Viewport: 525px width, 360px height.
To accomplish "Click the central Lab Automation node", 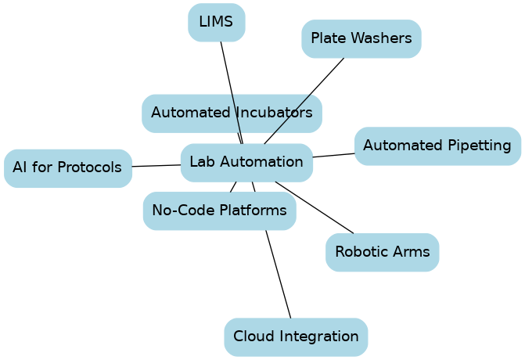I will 246,163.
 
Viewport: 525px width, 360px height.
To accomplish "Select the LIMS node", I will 216,22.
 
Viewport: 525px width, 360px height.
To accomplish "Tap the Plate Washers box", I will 361,38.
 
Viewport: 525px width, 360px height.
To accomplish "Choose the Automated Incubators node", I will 232,113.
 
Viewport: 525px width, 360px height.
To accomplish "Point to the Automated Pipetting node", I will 437,146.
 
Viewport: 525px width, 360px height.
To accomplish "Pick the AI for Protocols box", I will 67,167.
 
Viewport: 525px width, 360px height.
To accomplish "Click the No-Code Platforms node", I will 219,211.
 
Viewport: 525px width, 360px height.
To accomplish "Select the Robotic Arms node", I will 382,252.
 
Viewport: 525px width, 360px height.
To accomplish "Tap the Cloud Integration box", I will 296,337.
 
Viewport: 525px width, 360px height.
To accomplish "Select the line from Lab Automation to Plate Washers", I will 313,91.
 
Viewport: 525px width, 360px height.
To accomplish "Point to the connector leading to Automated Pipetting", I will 333,155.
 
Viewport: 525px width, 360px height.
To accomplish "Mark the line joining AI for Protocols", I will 156,165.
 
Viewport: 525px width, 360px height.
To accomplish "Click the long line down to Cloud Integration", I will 278,274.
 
